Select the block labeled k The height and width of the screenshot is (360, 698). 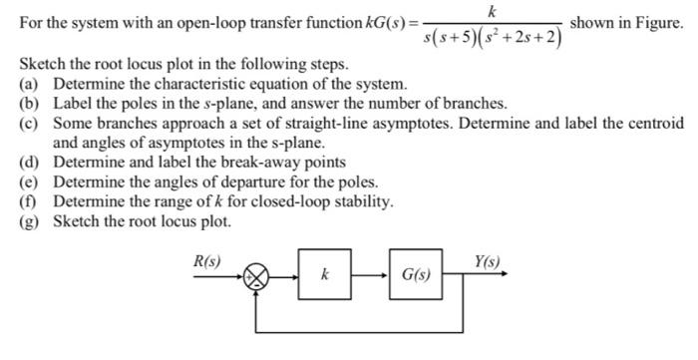(325, 274)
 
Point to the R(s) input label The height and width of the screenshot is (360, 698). (206, 262)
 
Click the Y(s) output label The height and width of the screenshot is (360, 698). (488, 262)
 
